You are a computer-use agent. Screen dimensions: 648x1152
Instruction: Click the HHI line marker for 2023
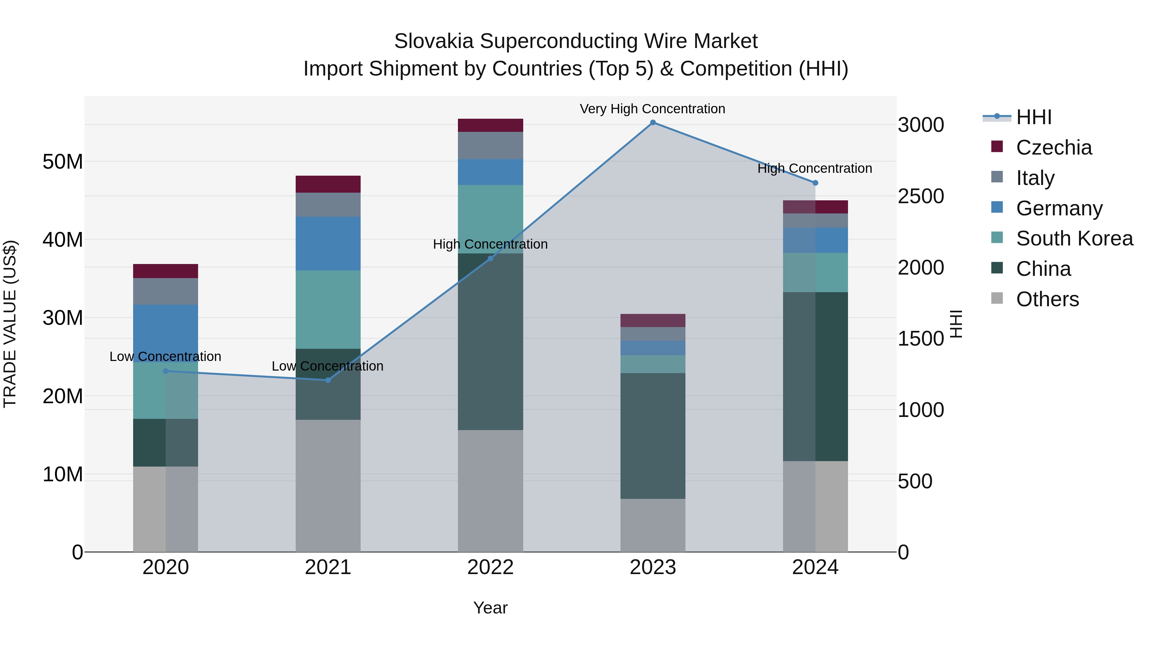[x=652, y=123]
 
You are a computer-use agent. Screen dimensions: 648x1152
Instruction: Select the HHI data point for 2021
[x=328, y=380]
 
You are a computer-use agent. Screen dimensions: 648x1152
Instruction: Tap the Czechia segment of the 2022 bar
[x=490, y=125]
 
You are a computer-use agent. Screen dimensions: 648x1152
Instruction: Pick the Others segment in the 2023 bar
[x=652, y=525]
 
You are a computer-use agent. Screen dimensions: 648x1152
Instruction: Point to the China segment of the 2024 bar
[x=815, y=377]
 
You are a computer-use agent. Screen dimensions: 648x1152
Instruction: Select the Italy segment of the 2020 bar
[x=165, y=291]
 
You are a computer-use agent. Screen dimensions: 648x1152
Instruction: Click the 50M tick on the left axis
[x=63, y=162]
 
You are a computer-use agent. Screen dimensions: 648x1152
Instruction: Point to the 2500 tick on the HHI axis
[x=921, y=196]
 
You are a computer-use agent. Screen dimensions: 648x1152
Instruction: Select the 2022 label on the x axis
[x=490, y=567]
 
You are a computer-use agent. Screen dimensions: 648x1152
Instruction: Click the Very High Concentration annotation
[x=652, y=109]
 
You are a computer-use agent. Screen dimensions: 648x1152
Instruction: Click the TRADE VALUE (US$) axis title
[x=10, y=324]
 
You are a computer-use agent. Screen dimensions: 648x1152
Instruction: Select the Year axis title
[x=490, y=608]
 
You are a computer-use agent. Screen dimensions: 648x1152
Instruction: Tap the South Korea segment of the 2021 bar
[x=328, y=309]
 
